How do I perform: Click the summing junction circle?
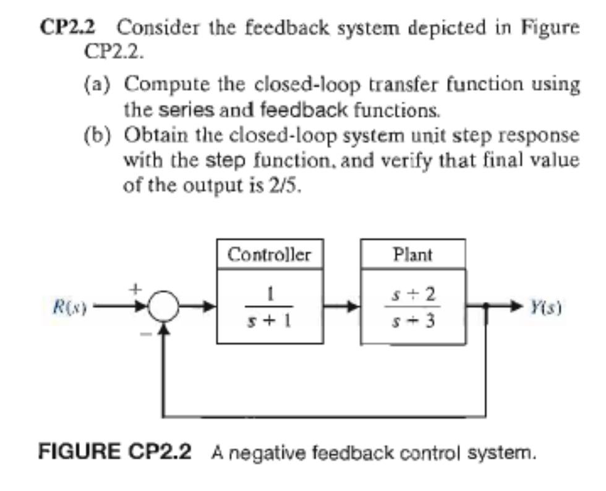click(163, 306)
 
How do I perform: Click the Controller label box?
click(269, 254)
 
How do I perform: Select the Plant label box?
click(412, 254)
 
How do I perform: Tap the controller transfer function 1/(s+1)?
click(269, 306)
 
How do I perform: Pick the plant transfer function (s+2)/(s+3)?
click(412, 306)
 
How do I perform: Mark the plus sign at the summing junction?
click(140, 287)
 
